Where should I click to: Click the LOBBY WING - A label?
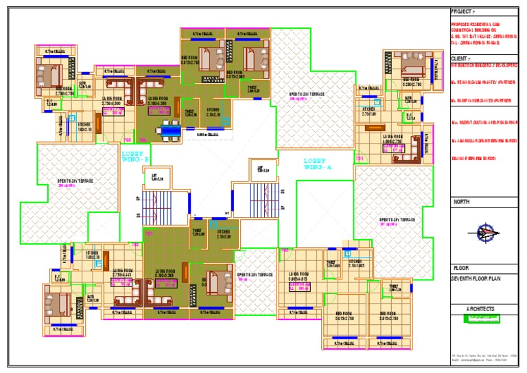point(317,164)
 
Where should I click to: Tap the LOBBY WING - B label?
point(134,157)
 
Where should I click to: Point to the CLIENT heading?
point(460,59)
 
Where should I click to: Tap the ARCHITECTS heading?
point(480,309)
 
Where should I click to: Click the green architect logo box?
point(483,319)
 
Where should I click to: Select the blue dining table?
point(167,128)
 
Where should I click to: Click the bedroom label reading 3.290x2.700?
point(411,82)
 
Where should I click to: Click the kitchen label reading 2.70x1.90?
point(368,111)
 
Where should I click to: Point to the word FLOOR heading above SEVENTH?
point(460,268)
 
